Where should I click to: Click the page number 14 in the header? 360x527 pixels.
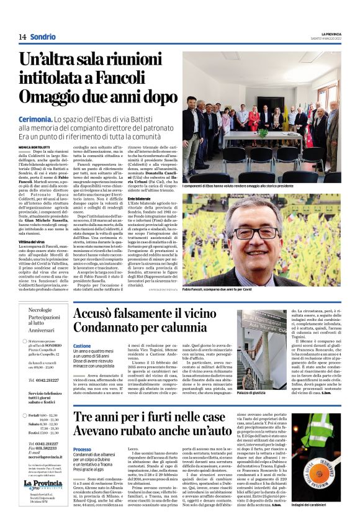[x=22, y=37]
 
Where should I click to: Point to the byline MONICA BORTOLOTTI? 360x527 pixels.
[x=32, y=147]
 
